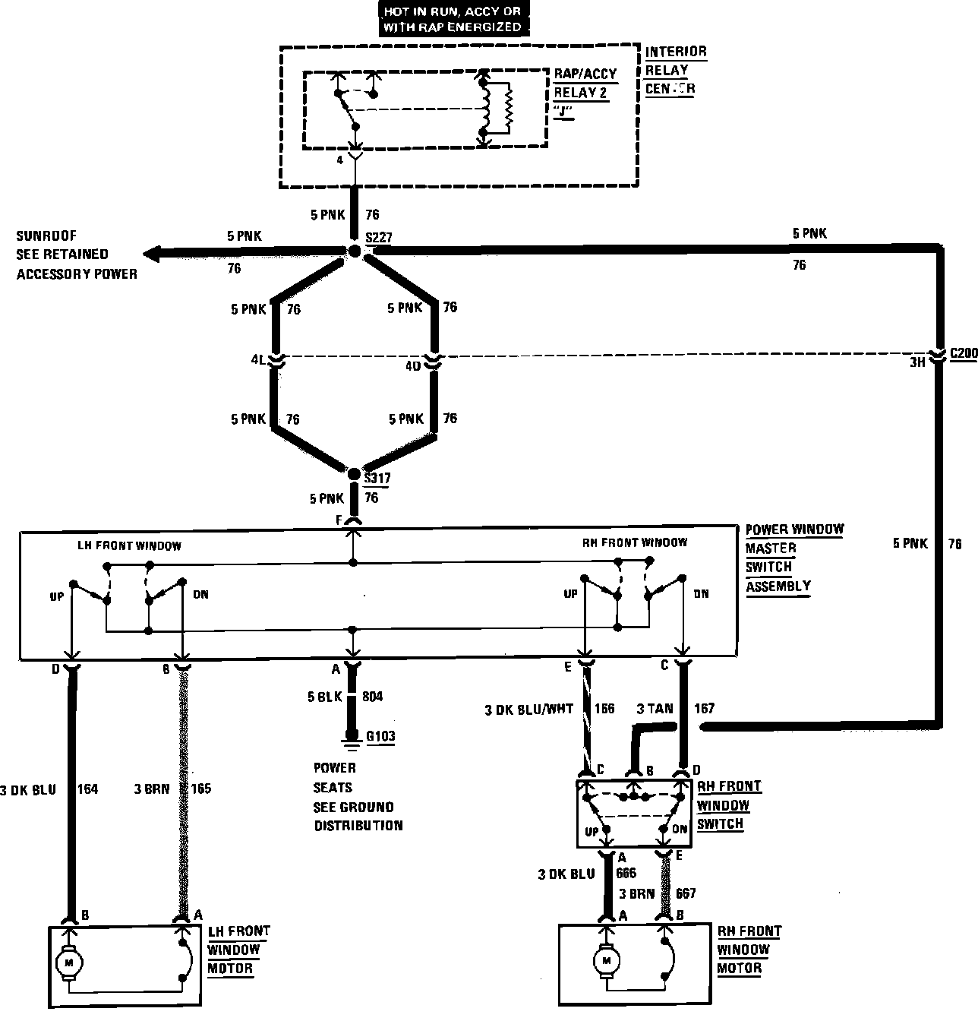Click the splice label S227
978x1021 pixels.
pyautogui.click(x=378, y=237)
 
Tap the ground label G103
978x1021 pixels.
pyautogui.click(x=380, y=735)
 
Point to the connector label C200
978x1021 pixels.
pyautogui.click(x=963, y=353)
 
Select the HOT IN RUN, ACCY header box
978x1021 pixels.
pyautogui.click(x=452, y=21)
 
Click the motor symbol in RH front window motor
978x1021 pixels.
pyautogui.click(x=607, y=960)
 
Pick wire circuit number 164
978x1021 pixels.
pyautogui.click(x=88, y=789)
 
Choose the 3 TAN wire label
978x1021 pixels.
pyautogui.click(x=655, y=709)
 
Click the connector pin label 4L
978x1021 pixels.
pyautogui.click(x=258, y=360)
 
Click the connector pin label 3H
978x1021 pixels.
pyautogui.click(x=917, y=362)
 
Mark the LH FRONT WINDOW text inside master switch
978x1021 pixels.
pyautogui.click(x=129, y=545)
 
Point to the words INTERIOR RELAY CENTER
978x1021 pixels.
pyautogui.click(x=676, y=70)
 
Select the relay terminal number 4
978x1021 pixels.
pyautogui.click(x=340, y=160)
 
